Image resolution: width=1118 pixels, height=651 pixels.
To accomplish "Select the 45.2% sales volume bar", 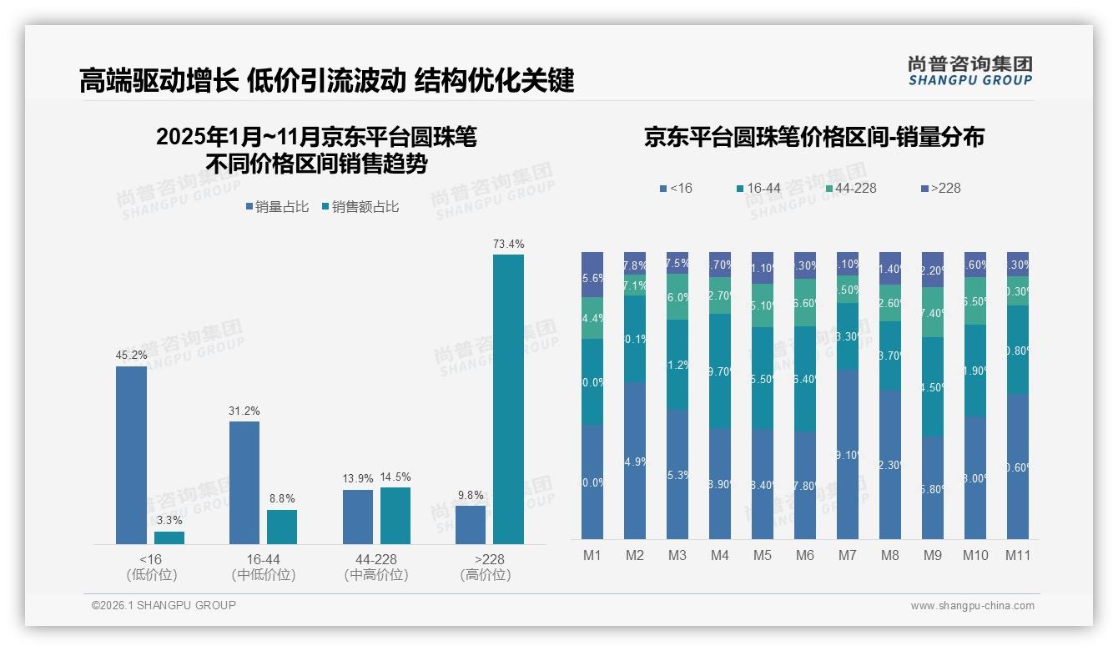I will coord(131,455).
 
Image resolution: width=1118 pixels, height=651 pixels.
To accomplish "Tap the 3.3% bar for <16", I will coord(169,537).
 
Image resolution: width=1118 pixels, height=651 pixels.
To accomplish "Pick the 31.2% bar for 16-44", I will coord(244,482).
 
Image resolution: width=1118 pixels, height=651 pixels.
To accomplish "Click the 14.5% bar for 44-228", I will coord(395,515).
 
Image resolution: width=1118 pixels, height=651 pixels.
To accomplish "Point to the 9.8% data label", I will coord(471,495).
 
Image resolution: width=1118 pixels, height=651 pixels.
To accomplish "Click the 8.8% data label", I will coord(282,499).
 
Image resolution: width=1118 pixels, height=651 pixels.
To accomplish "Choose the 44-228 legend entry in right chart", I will coord(850,188).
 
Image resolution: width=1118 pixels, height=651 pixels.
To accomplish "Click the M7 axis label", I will coord(848,555).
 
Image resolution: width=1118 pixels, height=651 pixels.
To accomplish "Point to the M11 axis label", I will coord(1017,555).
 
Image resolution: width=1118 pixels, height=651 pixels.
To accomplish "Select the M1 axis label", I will coord(592,555).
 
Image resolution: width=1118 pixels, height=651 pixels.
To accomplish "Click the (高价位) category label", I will coord(485,575).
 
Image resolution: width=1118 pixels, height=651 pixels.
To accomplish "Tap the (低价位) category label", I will coord(151,575).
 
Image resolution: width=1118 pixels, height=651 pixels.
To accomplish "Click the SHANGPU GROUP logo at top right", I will coord(969,71).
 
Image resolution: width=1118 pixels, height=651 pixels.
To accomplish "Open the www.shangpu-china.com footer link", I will coord(972,606).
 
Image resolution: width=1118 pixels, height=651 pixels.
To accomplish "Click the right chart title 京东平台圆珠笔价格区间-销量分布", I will coord(813,137).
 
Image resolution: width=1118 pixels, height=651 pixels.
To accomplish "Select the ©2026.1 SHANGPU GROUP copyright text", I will coord(164,605).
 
